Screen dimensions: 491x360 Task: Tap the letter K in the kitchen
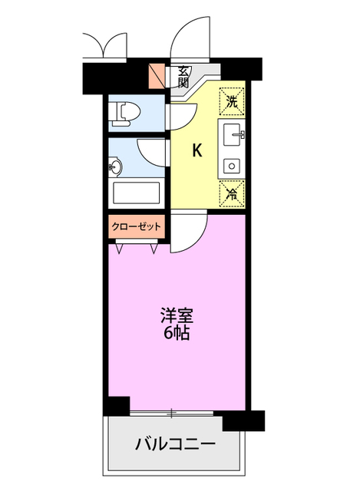click(x=197, y=150)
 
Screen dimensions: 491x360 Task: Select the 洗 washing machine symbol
click(x=233, y=100)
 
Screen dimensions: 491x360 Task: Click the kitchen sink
click(x=232, y=137)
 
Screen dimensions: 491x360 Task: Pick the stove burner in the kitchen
click(x=231, y=164)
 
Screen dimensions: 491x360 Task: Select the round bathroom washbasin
click(x=117, y=166)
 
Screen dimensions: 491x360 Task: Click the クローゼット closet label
click(x=137, y=226)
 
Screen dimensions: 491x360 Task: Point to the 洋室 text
click(x=176, y=315)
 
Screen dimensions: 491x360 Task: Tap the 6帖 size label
click(x=176, y=334)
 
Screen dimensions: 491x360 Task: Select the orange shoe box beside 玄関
click(x=157, y=76)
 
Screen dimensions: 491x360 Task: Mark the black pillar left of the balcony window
click(x=117, y=407)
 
